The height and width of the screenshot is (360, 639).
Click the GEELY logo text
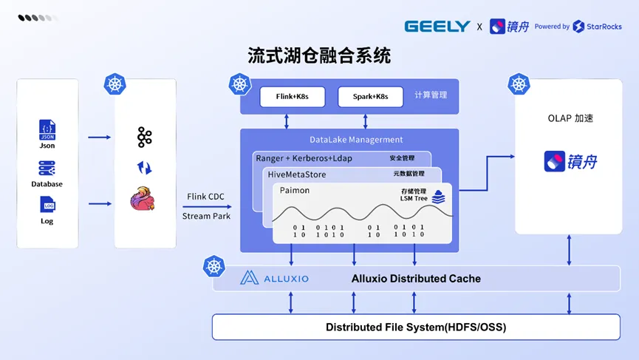pos(437,27)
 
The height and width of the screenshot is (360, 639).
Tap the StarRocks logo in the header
pos(598,27)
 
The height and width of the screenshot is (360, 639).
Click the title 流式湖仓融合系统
pos(319,55)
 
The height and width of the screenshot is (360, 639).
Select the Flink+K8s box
pos(293,97)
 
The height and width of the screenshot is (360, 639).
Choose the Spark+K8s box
pos(370,97)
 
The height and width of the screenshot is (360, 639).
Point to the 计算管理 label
pos(431,95)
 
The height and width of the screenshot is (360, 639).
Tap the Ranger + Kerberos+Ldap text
pos(304,158)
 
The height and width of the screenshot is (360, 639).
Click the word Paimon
pos(295,191)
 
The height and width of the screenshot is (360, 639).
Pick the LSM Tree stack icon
pos(439,197)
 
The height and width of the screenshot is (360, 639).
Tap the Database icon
pos(47,169)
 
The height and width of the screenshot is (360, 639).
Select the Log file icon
pos(47,204)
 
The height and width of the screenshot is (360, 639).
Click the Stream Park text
pos(206,216)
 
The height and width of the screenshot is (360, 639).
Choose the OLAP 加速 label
pos(570,118)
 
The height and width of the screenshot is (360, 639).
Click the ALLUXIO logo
pos(275,279)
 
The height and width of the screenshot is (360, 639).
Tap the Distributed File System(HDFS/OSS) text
pos(416,327)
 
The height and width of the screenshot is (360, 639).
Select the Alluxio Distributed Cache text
pos(416,279)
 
